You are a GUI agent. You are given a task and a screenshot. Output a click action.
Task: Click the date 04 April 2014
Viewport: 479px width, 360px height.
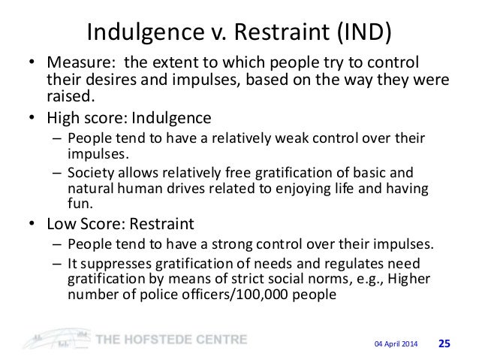click(x=395, y=343)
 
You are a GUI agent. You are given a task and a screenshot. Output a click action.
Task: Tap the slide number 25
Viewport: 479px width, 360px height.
click(x=444, y=343)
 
